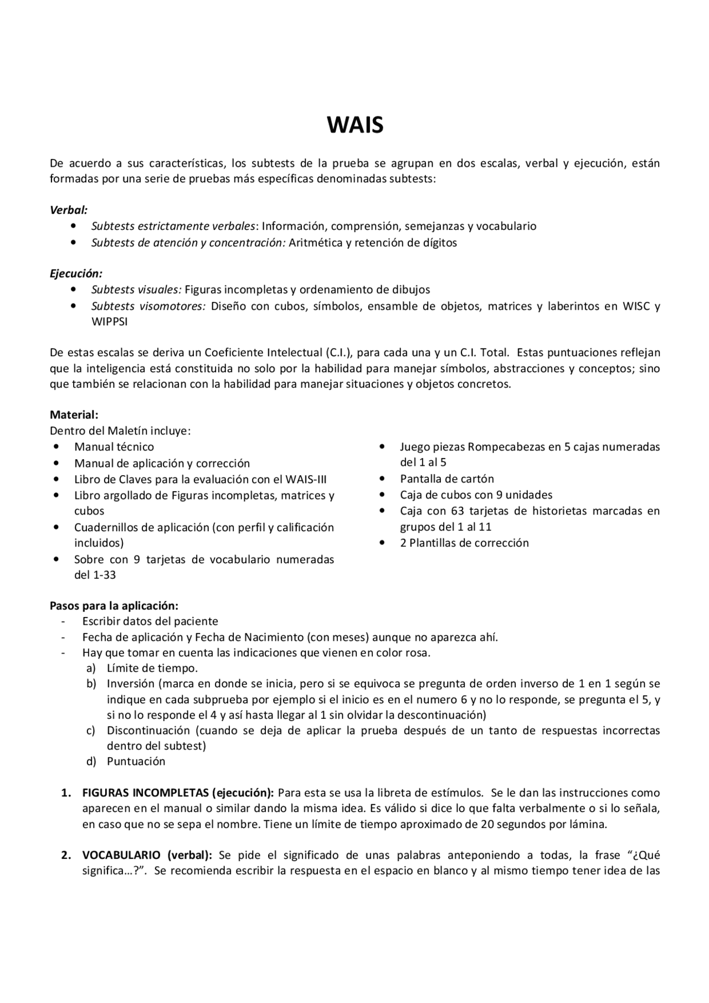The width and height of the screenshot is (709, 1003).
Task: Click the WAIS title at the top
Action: click(354, 126)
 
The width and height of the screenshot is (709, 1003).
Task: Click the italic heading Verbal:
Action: click(69, 210)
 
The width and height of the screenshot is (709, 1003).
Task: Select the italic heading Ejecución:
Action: click(76, 274)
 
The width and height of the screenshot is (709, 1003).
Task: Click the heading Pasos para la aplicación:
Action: click(114, 605)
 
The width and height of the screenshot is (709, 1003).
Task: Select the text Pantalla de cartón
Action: click(446, 479)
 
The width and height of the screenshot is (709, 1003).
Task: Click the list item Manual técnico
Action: click(114, 447)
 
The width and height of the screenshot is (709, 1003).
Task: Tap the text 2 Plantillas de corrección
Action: click(464, 543)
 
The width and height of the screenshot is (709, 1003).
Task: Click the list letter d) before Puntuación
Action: click(91, 762)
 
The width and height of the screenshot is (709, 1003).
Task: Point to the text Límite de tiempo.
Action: click(152, 668)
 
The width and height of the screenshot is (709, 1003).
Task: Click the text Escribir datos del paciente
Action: click(150, 621)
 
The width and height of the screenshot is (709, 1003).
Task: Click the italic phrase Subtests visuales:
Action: click(136, 290)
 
